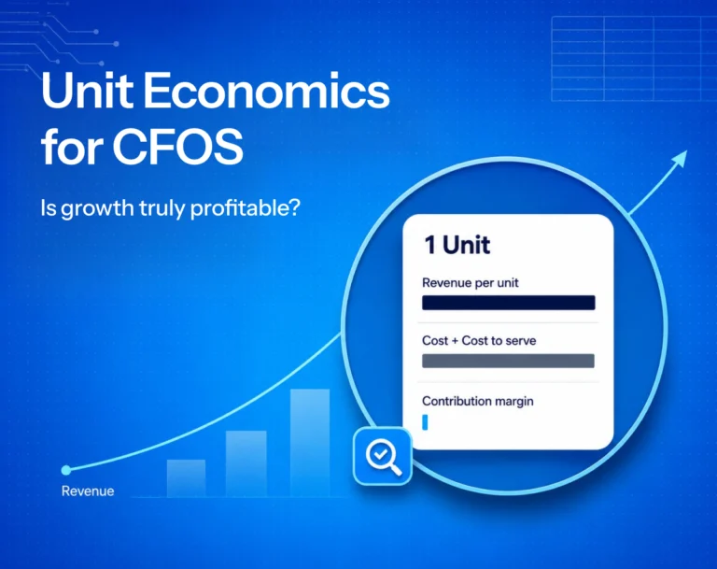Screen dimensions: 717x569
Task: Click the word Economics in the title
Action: pos(267,91)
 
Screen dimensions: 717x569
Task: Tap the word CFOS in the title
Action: pos(178,147)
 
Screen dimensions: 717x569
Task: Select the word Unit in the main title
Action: pos(87,91)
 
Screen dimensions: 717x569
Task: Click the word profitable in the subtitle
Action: pos(246,208)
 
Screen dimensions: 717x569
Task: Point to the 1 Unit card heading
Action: pos(457,245)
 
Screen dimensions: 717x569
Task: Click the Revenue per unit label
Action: pos(471,283)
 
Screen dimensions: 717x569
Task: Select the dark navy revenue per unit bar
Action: pos(509,303)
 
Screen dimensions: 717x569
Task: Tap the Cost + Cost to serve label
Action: pos(479,341)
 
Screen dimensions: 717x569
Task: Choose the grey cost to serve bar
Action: pos(508,361)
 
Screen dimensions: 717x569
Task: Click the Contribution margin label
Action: pos(477,402)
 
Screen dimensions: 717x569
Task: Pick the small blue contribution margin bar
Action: pos(425,422)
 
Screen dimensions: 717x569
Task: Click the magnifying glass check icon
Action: pos(383,456)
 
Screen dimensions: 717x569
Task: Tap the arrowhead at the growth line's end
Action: pos(680,159)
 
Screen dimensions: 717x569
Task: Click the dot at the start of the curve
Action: pos(66,470)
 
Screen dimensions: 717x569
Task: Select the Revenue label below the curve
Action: pos(88,491)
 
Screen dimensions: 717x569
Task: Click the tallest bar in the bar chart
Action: pos(310,443)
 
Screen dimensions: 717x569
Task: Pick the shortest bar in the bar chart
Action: pos(186,478)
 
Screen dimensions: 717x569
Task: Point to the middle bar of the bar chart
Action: pos(246,463)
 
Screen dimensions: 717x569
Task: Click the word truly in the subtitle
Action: pos(162,208)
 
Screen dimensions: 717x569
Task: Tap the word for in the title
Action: pos(72,147)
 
